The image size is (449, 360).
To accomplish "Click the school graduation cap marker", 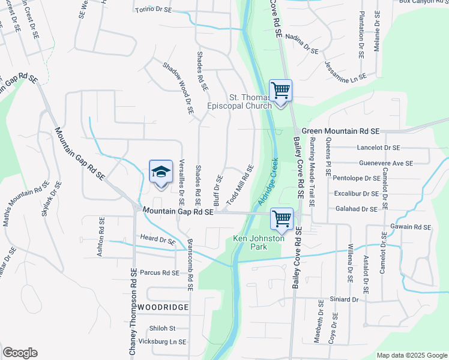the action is coord(160,173).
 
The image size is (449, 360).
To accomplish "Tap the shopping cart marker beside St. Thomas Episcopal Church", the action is coord(280,91).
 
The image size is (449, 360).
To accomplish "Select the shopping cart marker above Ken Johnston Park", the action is coord(282,218).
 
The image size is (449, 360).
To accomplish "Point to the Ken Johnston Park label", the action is coord(258,242).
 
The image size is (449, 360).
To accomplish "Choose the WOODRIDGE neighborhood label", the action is coord(163,307).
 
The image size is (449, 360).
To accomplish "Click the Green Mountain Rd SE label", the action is coord(341,130).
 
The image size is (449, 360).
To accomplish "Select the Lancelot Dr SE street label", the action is coord(378,147).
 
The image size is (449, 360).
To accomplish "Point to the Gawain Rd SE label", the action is coord(411,227).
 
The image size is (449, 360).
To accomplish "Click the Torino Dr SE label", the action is coord(154,10).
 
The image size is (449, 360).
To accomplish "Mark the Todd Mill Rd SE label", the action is coord(239,187).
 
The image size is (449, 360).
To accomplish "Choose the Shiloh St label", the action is coord(162,328).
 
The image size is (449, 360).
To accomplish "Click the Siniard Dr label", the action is coord(344,299).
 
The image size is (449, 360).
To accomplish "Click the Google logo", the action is coord(20,353).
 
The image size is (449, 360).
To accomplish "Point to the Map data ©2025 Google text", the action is coord(411,355).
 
